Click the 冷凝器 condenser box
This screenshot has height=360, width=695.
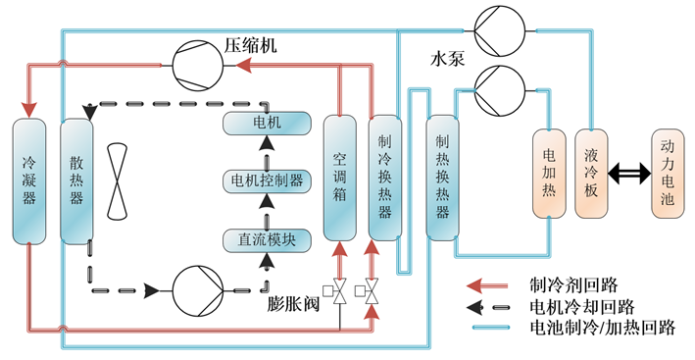[29, 180]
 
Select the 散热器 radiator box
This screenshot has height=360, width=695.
[75, 180]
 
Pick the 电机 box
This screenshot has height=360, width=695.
[267, 124]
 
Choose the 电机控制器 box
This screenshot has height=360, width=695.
[267, 180]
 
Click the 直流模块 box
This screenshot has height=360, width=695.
[267, 238]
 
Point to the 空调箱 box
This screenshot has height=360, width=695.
[339, 177]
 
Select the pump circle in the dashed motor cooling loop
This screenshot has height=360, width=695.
[199, 291]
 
